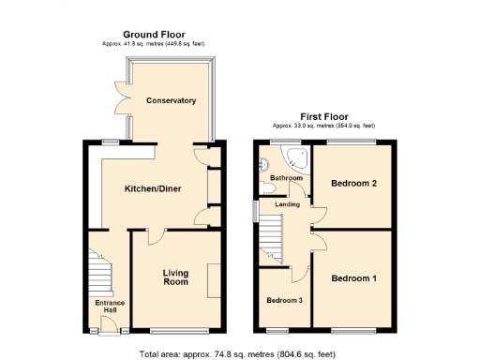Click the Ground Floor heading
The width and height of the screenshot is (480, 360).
pyautogui.click(x=153, y=34)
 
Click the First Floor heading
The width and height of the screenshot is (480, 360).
pyautogui.click(x=323, y=116)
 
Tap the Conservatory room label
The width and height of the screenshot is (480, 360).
pyautogui.click(x=171, y=100)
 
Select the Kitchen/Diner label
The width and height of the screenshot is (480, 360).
pyautogui.click(x=153, y=188)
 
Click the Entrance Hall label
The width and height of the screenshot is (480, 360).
pyautogui.click(x=110, y=307)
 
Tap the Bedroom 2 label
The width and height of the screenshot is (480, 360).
pyautogui.click(x=353, y=183)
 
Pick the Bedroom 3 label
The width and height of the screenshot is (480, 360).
pyautogui.click(x=284, y=301)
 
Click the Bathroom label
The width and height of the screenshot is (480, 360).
pyautogui.click(x=286, y=178)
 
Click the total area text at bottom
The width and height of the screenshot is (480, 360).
pyautogui.click(x=238, y=353)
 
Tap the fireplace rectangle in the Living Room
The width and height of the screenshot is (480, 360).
pyautogui.click(x=214, y=279)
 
